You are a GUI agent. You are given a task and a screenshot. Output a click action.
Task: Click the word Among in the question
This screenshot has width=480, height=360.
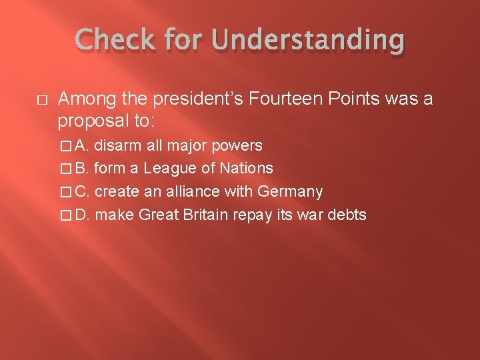(x=82, y=99)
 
